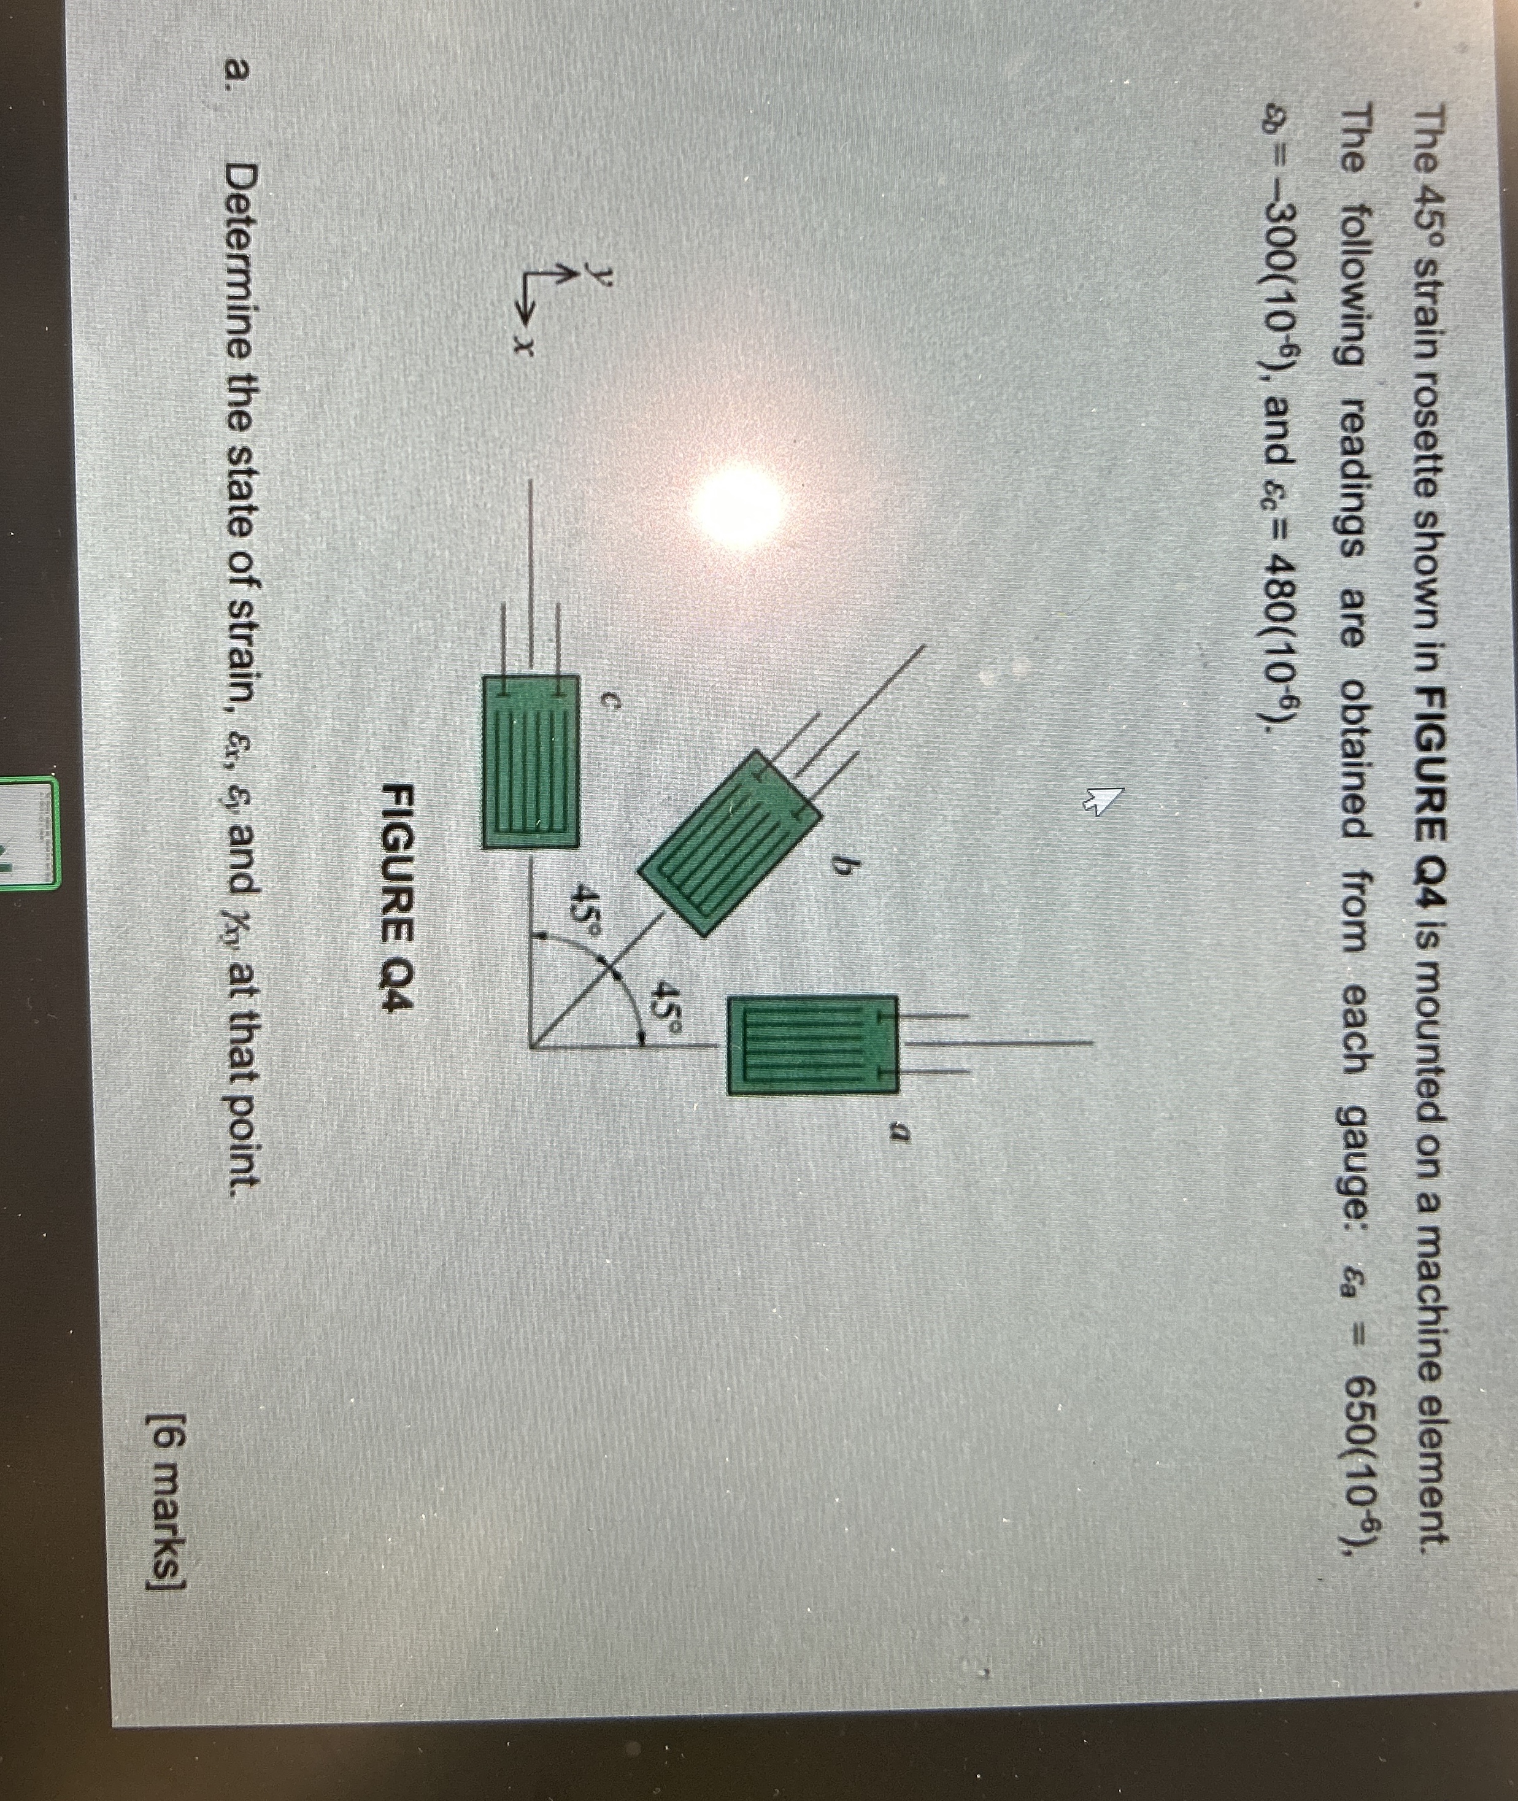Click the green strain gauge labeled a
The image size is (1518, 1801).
(x=812, y=1044)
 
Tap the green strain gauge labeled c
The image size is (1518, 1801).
(x=530, y=761)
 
